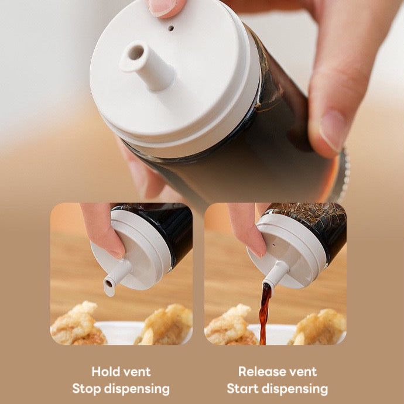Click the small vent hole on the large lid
[171, 28]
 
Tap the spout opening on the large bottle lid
[136, 52]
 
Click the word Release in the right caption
[262, 372]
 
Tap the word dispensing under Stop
[138, 389]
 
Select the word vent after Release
[303, 372]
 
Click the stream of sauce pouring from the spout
[265, 313]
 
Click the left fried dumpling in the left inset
[77, 324]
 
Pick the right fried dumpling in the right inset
[319, 328]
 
